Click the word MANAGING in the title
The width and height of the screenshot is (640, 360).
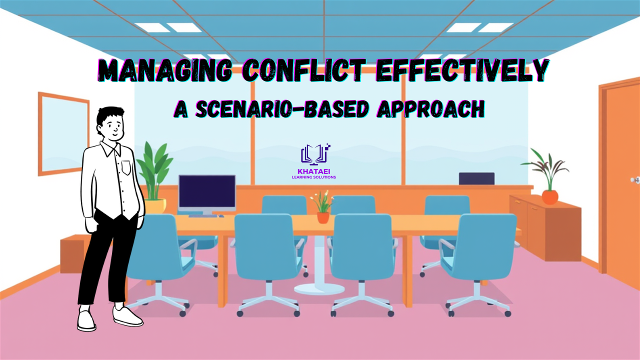point(165,70)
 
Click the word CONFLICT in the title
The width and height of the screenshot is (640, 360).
point(303,70)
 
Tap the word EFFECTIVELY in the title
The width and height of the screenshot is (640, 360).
point(462,70)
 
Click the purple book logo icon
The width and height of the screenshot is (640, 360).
point(315,155)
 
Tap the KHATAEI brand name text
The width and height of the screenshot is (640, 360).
point(313,171)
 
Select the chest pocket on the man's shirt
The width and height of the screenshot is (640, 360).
point(126,167)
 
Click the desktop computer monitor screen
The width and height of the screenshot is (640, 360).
point(207,193)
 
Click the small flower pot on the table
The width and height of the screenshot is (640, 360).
point(323,217)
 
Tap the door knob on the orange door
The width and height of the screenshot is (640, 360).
point(635,180)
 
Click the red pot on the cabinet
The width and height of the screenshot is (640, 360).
point(550,197)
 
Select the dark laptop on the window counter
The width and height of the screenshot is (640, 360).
point(476,178)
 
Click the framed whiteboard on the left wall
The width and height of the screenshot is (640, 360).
point(63,133)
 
